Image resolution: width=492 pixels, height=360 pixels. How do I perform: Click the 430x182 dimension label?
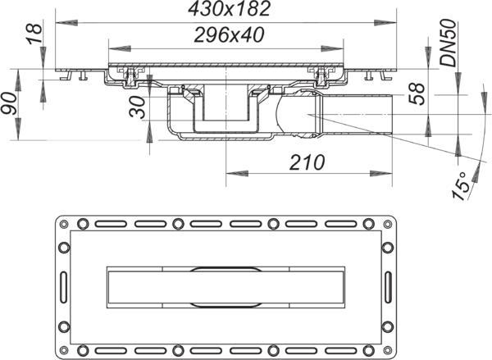(229, 9)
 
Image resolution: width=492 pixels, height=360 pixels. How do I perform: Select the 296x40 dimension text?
(229, 34)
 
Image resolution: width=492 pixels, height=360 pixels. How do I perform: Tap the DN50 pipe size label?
(448, 43)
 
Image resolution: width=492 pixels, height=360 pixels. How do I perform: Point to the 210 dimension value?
(307, 162)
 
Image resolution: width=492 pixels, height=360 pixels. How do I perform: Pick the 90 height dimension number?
(9, 103)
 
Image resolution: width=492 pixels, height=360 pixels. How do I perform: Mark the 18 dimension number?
(34, 34)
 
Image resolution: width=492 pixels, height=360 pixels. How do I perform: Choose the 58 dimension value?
(417, 93)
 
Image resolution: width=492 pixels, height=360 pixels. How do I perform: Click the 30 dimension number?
(138, 107)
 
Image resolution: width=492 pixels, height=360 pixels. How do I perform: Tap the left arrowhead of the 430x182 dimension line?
(66, 23)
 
